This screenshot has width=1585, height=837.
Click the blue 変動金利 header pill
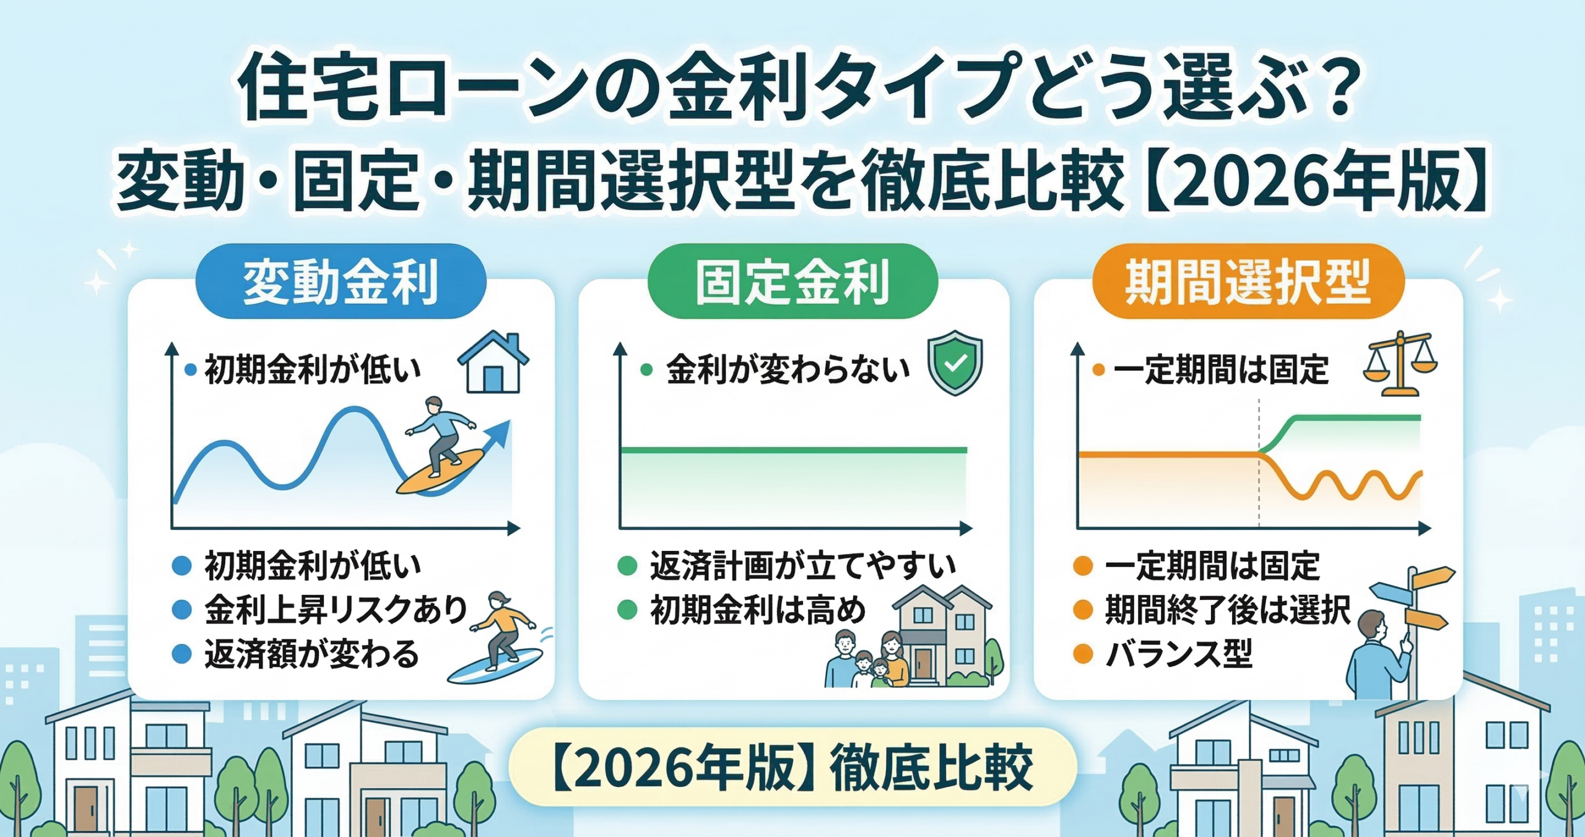341,281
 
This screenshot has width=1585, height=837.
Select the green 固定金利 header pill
792,281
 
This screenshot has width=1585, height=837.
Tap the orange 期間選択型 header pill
1248,281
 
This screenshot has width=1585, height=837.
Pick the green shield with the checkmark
955,363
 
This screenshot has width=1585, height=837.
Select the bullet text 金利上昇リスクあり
336,610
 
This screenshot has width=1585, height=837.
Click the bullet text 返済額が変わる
312,654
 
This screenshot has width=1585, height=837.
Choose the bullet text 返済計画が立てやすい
803,566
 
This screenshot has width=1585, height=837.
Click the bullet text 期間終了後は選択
1228,610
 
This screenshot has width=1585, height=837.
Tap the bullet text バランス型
1179,654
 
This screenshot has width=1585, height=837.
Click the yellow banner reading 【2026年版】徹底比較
792,767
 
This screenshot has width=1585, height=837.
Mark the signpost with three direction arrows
1412,625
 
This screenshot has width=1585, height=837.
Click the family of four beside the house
867,659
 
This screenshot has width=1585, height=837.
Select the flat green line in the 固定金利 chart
794,450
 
